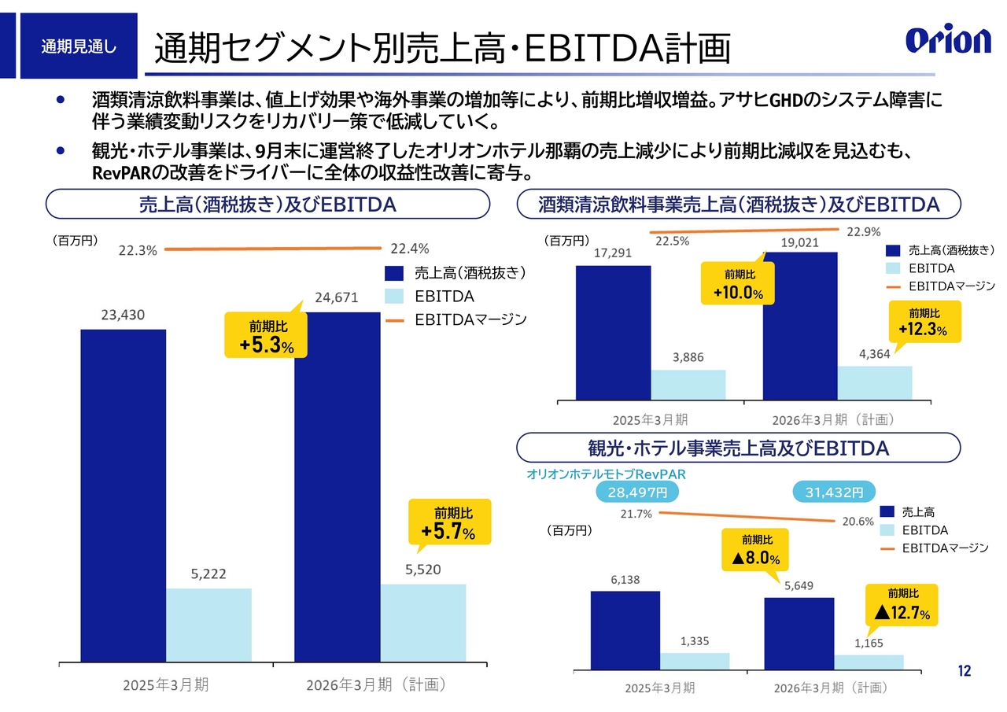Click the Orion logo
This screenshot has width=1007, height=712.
(x=948, y=40)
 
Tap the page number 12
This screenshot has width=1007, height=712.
(x=965, y=671)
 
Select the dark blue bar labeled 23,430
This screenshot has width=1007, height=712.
(x=123, y=495)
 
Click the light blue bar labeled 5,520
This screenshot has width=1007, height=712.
(x=423, y=622)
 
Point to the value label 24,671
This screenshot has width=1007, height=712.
(x=336, y=297)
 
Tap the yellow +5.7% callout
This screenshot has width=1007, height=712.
(x=448, y=522)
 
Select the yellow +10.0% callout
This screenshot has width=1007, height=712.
(x=739, y=285)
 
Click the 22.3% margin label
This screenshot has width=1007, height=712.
(x=138, y=250)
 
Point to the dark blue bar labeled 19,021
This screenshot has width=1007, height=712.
(x=799, y=326)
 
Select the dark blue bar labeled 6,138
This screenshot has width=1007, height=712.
(x=625, y=630)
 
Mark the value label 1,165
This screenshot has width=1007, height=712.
(x=869, y=643)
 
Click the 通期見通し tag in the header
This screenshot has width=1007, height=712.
(x=79, y=46)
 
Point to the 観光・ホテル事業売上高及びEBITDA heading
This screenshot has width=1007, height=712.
(x=738, y=448)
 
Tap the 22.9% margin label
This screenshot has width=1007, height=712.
(x=863, y=231)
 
